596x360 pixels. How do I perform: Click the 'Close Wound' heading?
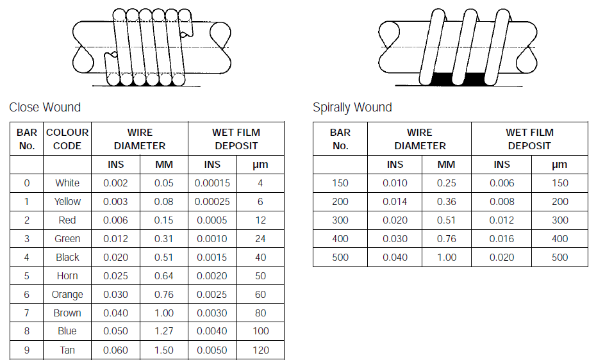(x=45, y=107)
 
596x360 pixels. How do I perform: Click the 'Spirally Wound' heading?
(x=352, y=108)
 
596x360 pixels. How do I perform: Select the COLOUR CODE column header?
(x=67, y=139)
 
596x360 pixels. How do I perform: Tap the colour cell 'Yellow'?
(x=67, y=201)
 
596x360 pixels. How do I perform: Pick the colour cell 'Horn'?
(x=67, y=275)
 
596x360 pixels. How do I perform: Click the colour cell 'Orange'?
(x=67, y=295)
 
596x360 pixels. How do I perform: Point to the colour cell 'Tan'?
(x=67, y=350)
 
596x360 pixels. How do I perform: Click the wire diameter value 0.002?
(x=115, y=183)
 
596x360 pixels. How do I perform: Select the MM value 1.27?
(x=164, y=331)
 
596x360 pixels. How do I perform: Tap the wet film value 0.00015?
(x=212, y=183)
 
